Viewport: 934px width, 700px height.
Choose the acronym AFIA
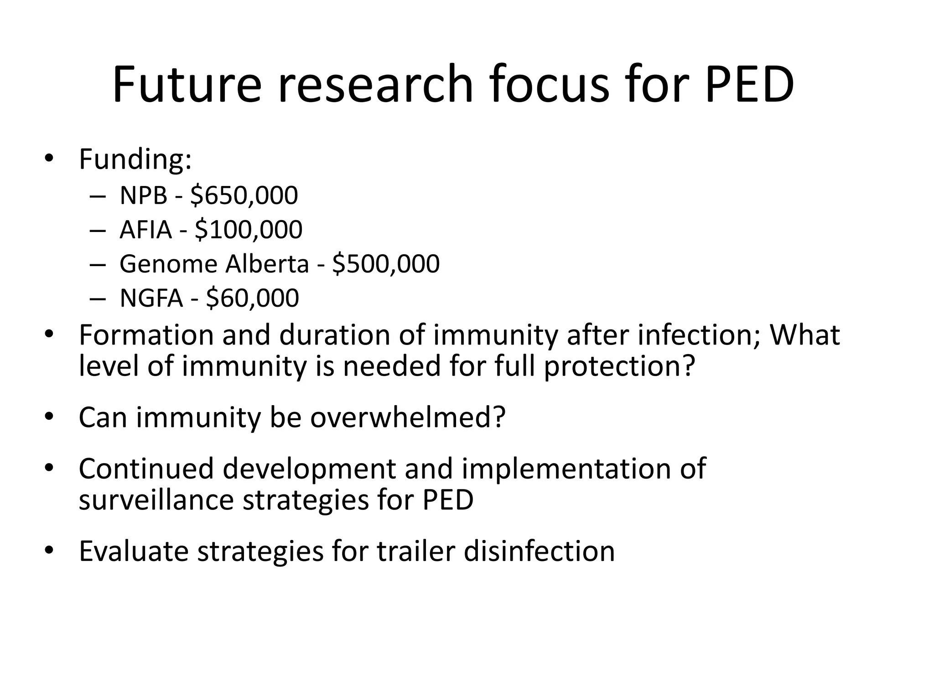[145, 229]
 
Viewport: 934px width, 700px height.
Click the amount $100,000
[248, 229]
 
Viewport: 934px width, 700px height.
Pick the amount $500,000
[386, 264]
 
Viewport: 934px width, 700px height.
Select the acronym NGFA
[151, 298]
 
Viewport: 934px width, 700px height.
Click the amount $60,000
[252, 298]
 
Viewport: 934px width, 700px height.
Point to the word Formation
[146, 335]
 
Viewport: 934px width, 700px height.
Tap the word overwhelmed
[408, 417]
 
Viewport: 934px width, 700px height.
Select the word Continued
[146, 469]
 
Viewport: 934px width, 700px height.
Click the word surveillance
[156, 500]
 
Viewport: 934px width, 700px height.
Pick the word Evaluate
[134, 551]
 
